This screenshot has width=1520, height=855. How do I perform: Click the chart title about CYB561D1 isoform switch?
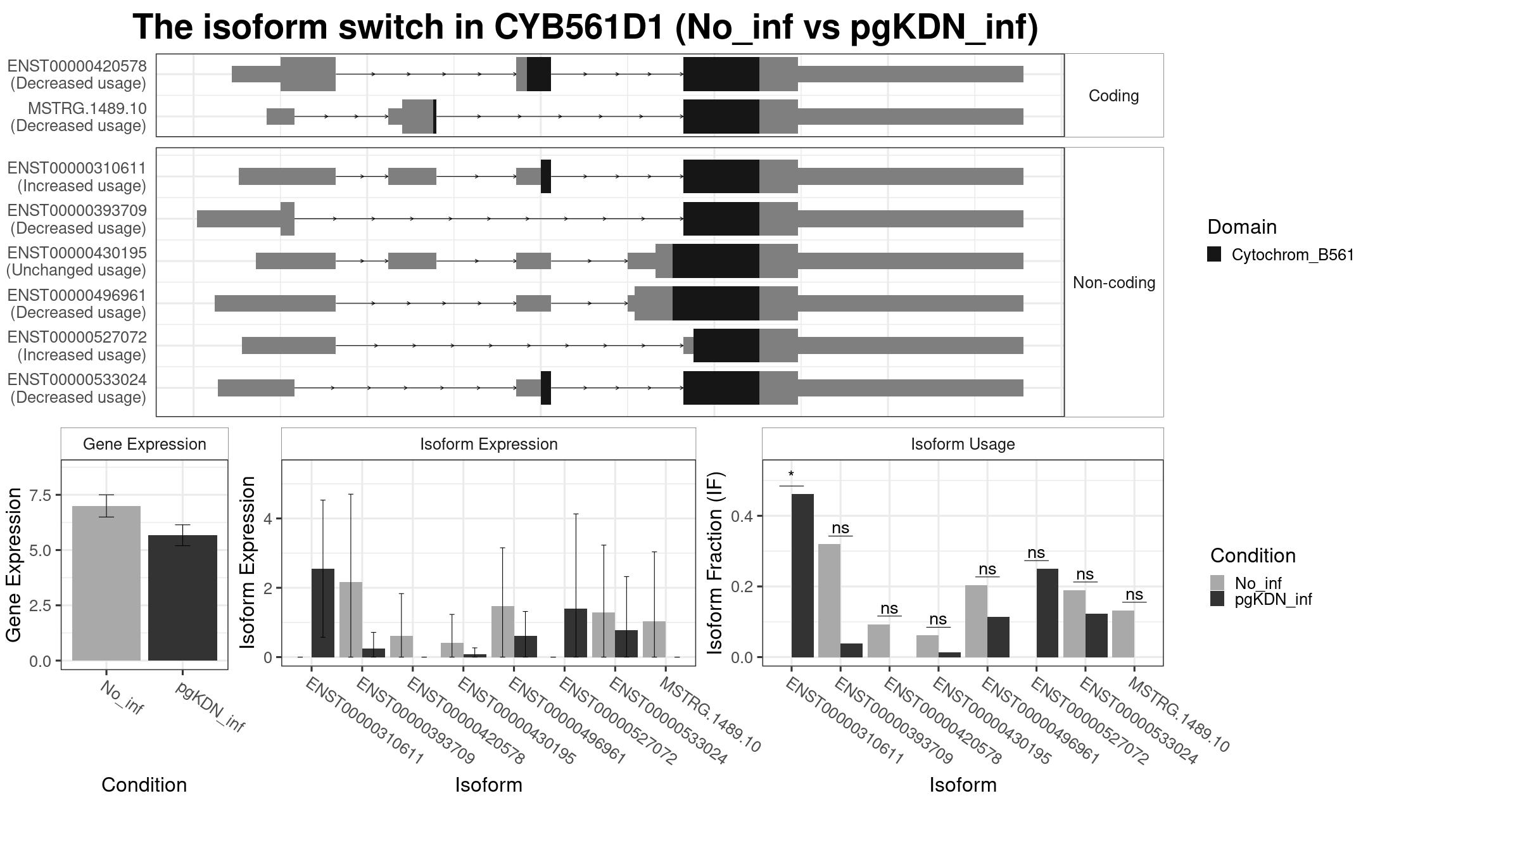coord(585,27)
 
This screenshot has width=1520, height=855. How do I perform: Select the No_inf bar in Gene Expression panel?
coord(106,583)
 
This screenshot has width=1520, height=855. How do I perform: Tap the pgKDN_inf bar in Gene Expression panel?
coord(182,598)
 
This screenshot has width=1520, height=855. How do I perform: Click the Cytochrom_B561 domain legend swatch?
coord(1214,255)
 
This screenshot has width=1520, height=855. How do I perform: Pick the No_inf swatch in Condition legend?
coord(1217,583)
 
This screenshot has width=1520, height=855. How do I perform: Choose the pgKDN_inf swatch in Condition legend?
coord(1217,598)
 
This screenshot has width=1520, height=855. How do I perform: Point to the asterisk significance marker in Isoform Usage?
coord(791,475)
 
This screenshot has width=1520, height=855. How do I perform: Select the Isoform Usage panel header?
coord(963,444)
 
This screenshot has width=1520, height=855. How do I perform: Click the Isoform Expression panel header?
coord(488,444)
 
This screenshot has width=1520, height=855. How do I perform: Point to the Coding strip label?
coord(1113,96)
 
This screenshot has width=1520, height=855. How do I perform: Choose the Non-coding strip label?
coord(1113,282)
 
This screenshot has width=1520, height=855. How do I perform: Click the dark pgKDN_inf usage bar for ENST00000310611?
coord(802,576)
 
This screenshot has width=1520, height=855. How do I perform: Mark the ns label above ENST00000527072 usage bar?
coord(1035,552)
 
